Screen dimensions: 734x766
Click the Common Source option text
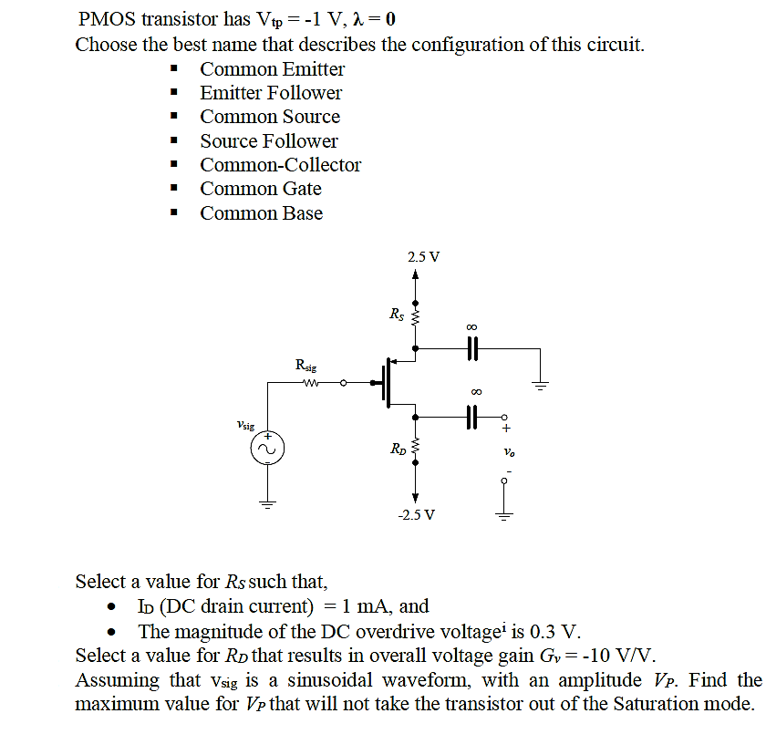(270, 117)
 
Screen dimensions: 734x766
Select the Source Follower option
(269, 141)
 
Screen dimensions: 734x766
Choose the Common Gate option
(261, 189)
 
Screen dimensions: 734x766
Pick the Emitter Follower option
(271, 93)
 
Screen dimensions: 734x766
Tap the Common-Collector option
(281, 165)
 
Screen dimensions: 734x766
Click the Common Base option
(262, 213)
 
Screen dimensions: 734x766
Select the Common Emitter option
(273, 69)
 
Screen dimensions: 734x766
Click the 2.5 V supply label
(423, 256)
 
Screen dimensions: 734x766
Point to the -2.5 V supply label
(417, 515)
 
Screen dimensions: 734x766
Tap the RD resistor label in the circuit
(398, 449)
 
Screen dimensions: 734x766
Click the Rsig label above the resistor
(306, 366)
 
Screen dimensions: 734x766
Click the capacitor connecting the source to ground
(472, 348)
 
